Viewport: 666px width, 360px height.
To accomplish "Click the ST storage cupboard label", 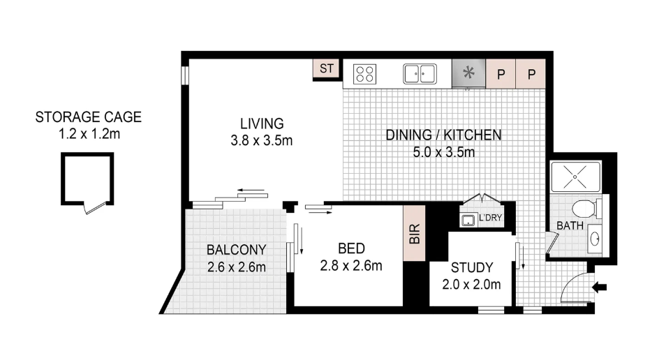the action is click(x=327, y=68).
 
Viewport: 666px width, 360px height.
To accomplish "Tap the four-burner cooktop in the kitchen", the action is click(x=365, y=74).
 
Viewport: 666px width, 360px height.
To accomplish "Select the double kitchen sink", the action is click(x=420, y=74).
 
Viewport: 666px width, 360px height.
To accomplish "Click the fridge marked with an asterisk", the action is click(x=468, y=73).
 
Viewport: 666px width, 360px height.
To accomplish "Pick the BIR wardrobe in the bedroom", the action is click(x=414, y=233).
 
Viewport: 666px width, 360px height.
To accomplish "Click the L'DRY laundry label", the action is click(x=490, y=218).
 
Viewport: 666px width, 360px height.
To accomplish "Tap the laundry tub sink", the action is click(x=468, y=220).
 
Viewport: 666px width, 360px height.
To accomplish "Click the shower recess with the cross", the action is click(x=575, y=177).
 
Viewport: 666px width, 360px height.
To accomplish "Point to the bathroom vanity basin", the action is click(x=595, y=240).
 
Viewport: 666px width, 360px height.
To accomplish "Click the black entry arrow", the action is click(x=599, y=287).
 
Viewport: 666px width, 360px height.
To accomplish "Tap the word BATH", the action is click(x=570, y=225).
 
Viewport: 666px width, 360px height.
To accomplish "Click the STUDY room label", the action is click(x=472, y=267).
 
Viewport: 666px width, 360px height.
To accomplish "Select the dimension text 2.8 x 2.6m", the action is click(x=351, y=266).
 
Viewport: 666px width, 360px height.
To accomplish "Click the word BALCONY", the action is click(x=236, y=250).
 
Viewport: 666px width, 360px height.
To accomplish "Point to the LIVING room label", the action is click(x=262, y=123).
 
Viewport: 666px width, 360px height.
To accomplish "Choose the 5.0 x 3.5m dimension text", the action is click(x=444, y=152).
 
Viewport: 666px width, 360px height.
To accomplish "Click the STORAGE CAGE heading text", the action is click(x=89, y=117).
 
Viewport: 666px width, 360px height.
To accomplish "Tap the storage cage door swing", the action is click(x=95, y=208).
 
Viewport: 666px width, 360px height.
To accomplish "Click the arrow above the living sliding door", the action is click(x=251, y=190).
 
